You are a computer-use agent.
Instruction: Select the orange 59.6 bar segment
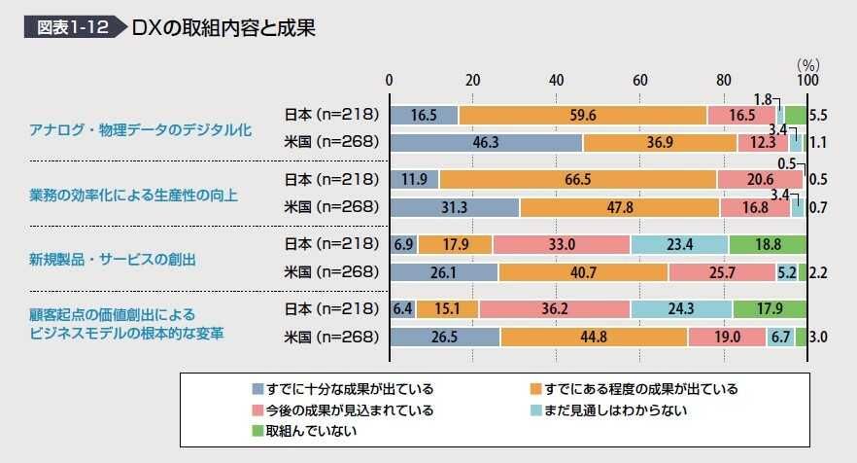(583, 115)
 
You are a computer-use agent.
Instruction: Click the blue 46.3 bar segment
(486, 142)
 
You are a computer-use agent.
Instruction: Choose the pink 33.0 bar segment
(562, 245)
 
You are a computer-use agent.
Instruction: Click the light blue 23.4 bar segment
(679, 245)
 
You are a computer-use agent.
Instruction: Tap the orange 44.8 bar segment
(594, 338)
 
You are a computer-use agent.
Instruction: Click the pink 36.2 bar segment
(555, 310)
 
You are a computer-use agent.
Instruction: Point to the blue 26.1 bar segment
(443, 272)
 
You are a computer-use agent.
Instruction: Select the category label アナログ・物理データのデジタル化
(140, 129)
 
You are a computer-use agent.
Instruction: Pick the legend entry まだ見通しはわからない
(615, 410)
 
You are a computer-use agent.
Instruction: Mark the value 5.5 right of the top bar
(818, 115)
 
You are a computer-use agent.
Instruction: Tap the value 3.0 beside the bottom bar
(818, 338)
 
